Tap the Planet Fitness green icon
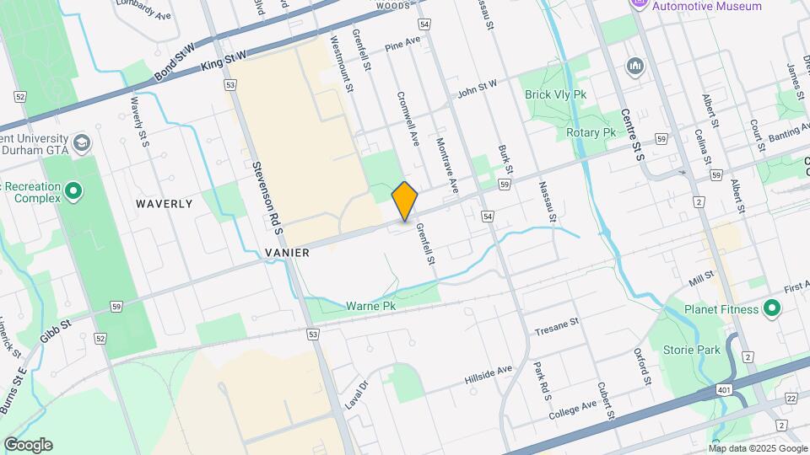(770, 309)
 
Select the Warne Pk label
(371, 307)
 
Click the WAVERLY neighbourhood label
(165, 204)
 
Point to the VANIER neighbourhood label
(287, 253)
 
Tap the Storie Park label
(697, 349)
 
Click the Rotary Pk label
(591, 133)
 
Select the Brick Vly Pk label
(555, 95)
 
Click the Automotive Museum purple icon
(640, 5)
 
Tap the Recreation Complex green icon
(73, 192)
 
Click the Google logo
(28, 445)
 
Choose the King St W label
(224, 62)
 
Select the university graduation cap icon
(82, 142)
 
